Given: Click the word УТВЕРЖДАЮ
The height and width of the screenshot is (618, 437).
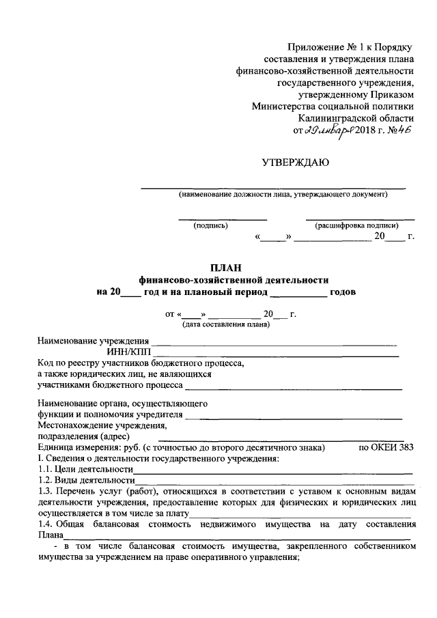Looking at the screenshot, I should pyautogui.click(x=296, y=163).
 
